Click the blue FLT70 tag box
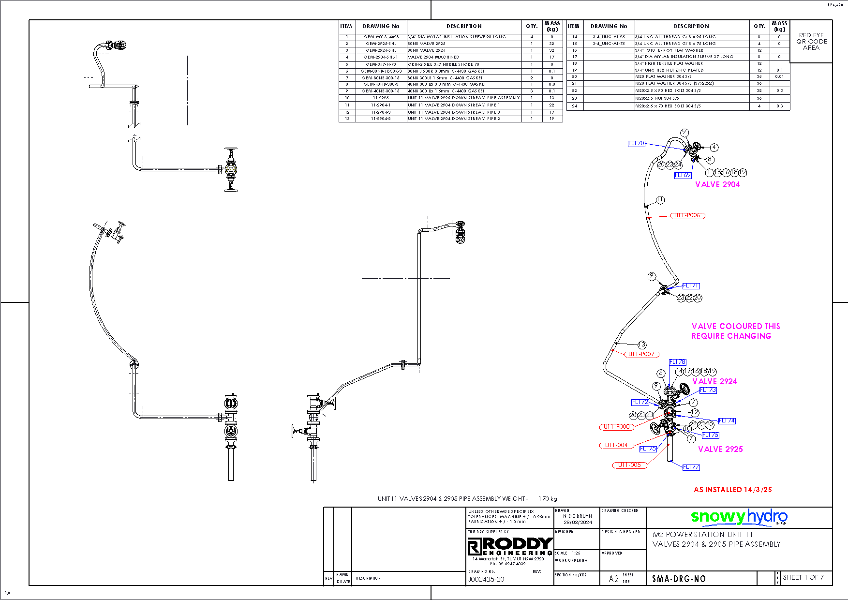point(636,144)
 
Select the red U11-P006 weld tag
point(687,215)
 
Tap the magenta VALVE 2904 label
point(717,184)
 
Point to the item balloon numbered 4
point(714,148)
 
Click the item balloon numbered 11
point(660,200)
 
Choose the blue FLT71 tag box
point(691,286)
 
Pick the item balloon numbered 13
point(642,345)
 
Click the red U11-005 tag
point(629,465)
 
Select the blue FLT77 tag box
point(691,467)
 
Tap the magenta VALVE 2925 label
point(720,449)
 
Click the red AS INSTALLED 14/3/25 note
point(732,490)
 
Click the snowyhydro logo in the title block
point(739,517)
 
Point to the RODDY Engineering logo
point(510,546)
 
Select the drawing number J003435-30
point(486,579)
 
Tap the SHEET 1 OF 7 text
point(803,577)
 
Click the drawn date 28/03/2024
point(578,522)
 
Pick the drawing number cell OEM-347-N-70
point(381,64)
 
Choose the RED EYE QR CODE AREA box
point(811,42)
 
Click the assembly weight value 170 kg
point(548,499)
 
